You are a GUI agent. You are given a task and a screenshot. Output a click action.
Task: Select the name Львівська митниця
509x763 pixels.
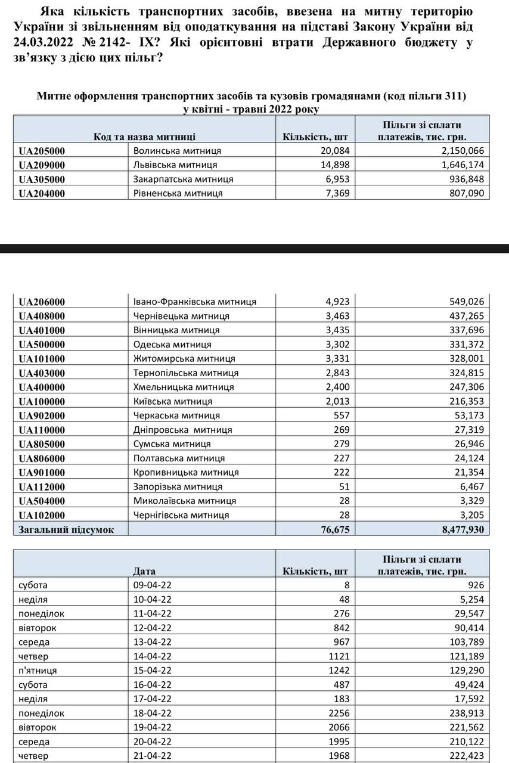coord(175,165)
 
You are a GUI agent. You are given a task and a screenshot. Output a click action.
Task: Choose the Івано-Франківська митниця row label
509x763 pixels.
coord(195,302)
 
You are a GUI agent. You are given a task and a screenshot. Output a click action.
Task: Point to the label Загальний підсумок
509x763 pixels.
coord(66,529)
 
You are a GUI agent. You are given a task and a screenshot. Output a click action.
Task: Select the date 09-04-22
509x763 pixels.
coord(153,585)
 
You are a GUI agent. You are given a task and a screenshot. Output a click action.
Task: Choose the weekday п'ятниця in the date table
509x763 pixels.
coord(38,671)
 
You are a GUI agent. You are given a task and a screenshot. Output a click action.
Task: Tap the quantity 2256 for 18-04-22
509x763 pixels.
coord(339,713)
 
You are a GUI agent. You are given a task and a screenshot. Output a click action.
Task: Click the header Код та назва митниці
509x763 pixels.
coord(144,137)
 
